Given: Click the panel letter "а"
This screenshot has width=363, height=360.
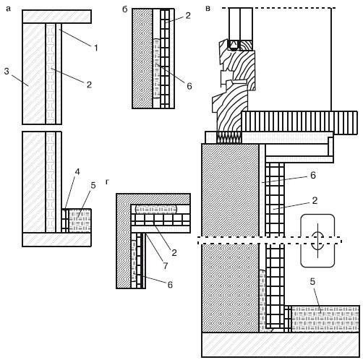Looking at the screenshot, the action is click(9, 9).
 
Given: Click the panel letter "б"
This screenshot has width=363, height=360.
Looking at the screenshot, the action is click(125, 9).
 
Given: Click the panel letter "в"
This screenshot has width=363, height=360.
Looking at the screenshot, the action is click(208, 9).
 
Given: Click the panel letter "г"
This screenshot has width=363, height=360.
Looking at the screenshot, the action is click(107, 182).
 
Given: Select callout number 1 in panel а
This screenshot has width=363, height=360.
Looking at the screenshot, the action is click(96, 48).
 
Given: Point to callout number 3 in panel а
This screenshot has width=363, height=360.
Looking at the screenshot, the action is click(7, 72).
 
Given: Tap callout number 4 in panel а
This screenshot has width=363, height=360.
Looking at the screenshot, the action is click(77, 172).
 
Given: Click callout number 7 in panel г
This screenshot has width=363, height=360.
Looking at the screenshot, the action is click(165, 266).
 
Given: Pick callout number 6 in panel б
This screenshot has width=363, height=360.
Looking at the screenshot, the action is click(189, 86).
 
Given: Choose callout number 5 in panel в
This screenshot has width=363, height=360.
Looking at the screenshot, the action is click(312, 281).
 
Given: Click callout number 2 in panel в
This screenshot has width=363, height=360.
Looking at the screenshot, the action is click(315, 200).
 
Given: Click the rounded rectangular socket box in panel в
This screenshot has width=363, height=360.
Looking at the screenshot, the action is click(317, 241).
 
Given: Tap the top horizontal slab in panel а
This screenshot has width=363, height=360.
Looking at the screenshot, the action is click(57, 17).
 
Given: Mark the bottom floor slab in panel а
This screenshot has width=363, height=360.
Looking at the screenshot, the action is click(56, 240).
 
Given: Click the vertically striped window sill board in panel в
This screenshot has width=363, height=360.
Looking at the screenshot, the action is click(299, 123).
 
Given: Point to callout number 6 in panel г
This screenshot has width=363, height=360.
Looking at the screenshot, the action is click(170, 285).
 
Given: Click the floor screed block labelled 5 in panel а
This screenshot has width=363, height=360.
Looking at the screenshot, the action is click(80, 220).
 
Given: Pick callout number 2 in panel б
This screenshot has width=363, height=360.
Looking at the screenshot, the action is click(188, 16).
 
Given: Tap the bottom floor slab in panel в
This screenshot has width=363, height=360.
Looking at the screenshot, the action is click(281, 345).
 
